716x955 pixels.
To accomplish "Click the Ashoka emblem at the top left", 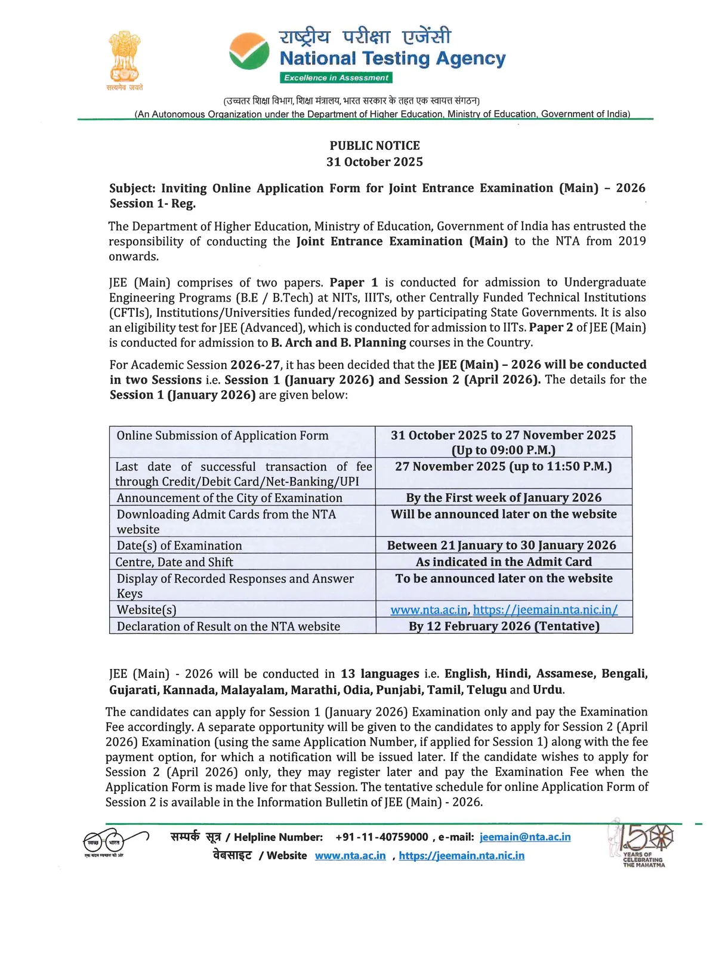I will [124, 58].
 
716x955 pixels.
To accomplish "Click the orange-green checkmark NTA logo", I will [249, 51].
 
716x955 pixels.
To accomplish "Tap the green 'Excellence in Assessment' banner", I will [336, 78].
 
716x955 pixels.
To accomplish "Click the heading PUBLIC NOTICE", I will [375, 146].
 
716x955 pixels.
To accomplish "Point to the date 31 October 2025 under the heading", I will [375, 162].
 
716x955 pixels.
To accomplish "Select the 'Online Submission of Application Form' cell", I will [223, 436].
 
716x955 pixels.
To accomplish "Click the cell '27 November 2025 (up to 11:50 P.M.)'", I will [504, 466].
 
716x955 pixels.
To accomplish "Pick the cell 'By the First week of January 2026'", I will [504, 498].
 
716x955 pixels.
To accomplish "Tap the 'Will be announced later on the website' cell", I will [504, 514].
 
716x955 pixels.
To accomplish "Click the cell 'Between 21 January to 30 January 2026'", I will [501, 545].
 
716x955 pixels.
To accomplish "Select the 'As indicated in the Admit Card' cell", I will [504, 562].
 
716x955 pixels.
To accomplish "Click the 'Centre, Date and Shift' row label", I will [174, 562].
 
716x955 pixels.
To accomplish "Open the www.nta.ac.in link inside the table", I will [429, 609].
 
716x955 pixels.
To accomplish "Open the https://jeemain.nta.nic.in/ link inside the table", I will [545, 609].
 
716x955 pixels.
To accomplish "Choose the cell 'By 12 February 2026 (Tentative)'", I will [504, 626].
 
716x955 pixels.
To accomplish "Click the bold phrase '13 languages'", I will [380, 674].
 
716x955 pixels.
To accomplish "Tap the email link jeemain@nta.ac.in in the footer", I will [525, 837].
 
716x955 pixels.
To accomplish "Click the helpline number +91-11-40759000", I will [382, 837].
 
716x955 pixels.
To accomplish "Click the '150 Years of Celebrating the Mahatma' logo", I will [642, 843].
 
